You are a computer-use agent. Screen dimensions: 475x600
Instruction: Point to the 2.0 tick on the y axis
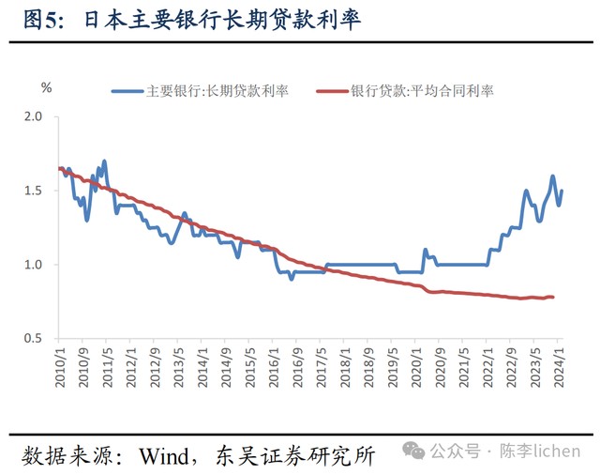(34, 117)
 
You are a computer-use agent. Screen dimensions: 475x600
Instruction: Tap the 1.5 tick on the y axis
(34, 191)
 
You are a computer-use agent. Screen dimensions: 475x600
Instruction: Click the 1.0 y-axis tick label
(34, 265)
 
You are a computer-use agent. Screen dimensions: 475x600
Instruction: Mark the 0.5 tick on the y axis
(34, 338)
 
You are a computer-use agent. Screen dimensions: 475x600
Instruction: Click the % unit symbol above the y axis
(46, 88)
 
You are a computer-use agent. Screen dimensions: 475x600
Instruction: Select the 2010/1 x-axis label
(60, 362)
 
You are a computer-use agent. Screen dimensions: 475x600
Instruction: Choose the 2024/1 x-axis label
(560, 362)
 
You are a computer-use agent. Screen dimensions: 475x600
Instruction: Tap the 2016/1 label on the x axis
(275, 362)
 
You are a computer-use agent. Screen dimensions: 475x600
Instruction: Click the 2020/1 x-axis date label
(417, 362)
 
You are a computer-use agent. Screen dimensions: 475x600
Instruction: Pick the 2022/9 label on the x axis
(512, 362)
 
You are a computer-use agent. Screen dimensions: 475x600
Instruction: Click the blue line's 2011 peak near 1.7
(104, 161)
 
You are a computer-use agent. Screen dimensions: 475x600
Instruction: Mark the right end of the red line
(552, 298)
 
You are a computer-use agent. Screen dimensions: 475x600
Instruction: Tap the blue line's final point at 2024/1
(562, 192)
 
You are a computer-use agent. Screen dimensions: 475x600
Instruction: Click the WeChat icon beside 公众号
(413, 452)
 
